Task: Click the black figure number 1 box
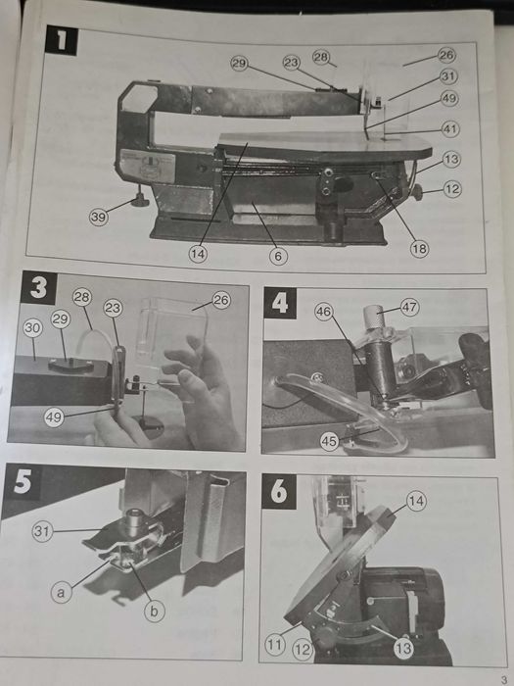[62, 40]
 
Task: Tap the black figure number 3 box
[38, 287]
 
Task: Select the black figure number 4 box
[280, 303]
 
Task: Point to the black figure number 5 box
[22, 482]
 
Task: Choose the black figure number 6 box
[279, 492]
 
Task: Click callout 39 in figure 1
[99, 217]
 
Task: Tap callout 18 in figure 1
[419, 249]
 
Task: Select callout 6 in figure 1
[278, 256]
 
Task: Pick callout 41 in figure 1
[450, 129]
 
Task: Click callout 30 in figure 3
[32, 328]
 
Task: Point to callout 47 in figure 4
[409, 307]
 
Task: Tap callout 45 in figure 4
[329, 441]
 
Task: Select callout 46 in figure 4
[324, 312]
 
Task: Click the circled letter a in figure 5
[61, 593]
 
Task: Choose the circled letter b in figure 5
[155, 612]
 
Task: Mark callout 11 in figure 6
[275, 645]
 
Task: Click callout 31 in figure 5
[42, 531]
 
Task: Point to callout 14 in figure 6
[416, 502]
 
